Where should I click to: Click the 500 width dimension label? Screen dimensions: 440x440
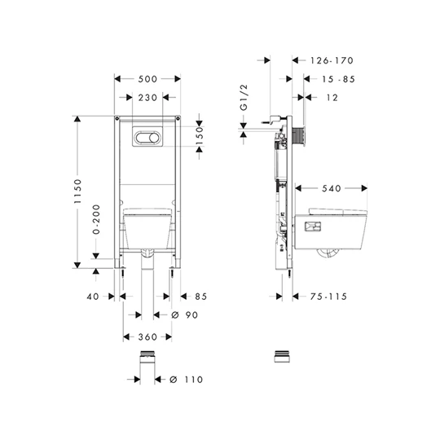147,79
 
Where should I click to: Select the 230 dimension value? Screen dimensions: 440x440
147,98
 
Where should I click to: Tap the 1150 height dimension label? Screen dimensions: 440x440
77,191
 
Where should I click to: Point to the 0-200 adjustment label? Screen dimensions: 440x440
96,219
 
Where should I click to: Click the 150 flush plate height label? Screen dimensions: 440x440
200,136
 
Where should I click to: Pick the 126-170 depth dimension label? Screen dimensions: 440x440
332,60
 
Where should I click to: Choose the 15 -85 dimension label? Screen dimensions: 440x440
338,79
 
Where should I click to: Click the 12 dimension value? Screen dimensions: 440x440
332,98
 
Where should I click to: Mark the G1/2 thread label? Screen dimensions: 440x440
244,97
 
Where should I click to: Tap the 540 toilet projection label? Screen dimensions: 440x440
332,188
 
